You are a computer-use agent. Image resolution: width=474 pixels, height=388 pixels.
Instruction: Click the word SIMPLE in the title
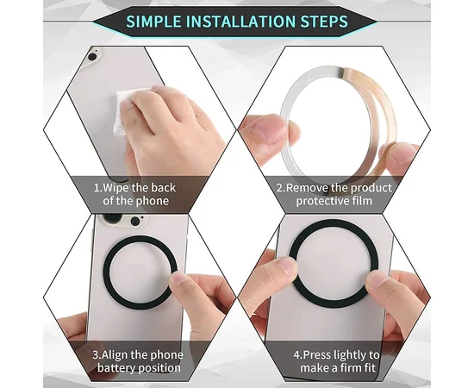tap(158, 21)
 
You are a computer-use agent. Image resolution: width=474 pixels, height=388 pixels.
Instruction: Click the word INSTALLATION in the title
tap(245, 21)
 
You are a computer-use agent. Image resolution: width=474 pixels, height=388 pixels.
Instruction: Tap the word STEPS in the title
tap(324, 21)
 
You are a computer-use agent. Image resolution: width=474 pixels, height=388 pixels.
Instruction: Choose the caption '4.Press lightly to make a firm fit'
tap(333, 360)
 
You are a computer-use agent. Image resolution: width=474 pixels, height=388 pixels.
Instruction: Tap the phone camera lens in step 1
tap(92, 58)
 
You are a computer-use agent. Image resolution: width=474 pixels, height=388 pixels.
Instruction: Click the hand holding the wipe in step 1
tap(164, 129)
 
